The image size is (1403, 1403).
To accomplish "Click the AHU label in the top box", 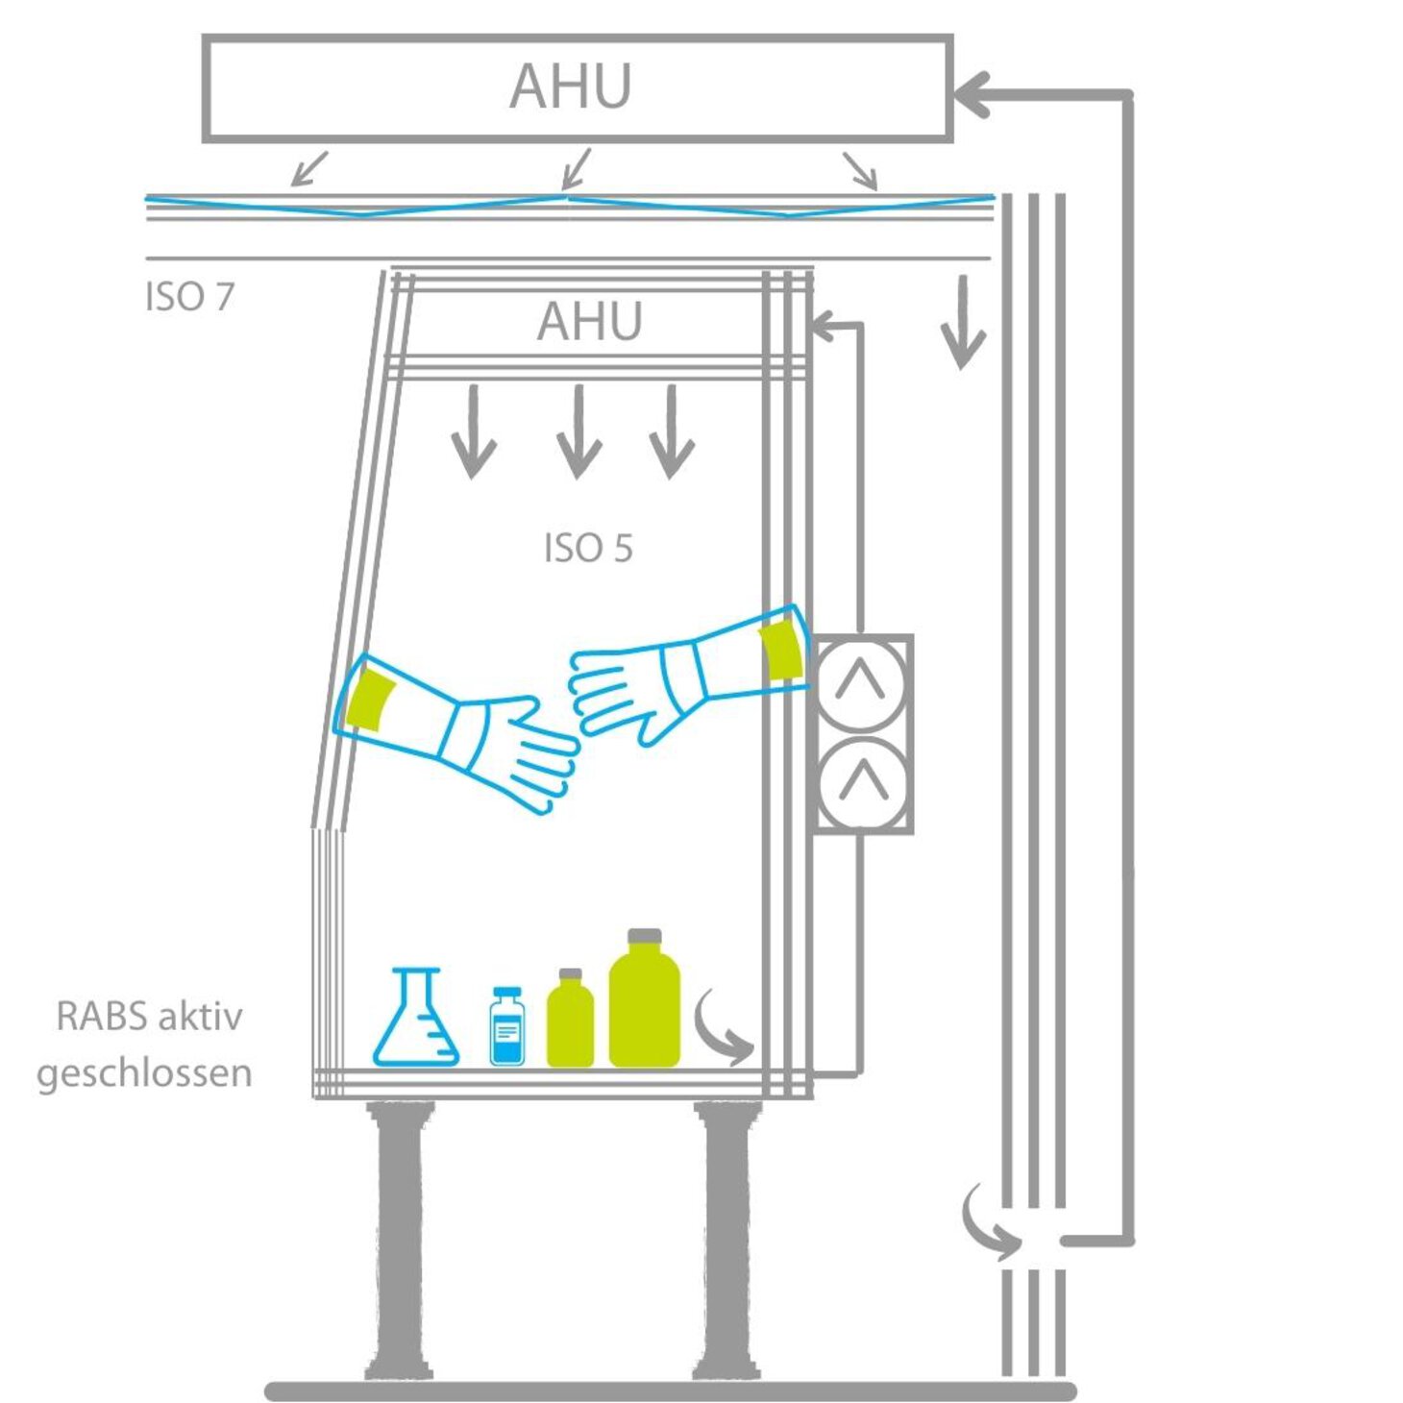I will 570,86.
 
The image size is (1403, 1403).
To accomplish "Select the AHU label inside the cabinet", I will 589,321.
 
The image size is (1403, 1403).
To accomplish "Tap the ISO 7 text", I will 189,297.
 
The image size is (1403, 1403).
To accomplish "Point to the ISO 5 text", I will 588,549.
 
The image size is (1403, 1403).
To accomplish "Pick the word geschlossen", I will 144,1073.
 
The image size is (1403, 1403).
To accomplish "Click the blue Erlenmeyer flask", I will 416,1023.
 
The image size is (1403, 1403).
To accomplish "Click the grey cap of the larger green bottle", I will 644,935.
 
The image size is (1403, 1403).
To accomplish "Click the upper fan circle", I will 860,684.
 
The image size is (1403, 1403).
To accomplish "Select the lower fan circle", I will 862,782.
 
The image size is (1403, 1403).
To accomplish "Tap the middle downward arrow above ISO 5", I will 578,432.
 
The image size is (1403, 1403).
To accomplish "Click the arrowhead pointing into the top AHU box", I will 971,94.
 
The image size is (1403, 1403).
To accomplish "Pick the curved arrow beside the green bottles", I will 723,1031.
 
